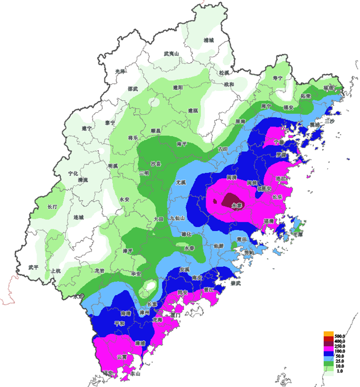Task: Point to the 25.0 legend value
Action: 340,361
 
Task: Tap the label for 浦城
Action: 208,40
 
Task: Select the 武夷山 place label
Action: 171,54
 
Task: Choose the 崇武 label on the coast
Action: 236,283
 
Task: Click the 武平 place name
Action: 33,267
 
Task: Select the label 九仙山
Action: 178,218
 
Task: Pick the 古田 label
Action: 223,149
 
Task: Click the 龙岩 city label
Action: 99,270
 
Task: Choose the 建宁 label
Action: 87,128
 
